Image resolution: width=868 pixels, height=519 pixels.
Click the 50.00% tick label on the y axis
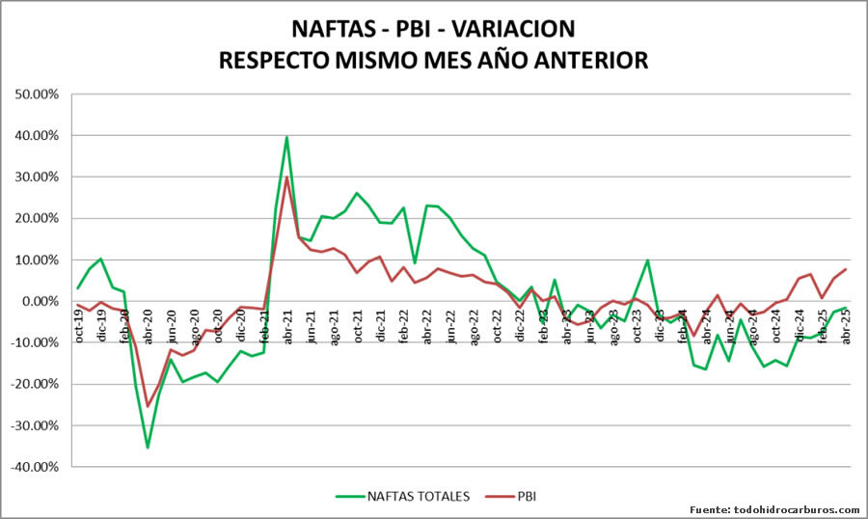coord(34,95)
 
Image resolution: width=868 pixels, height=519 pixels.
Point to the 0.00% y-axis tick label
coord(37,301)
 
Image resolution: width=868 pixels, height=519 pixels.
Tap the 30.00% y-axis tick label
coord(34,178)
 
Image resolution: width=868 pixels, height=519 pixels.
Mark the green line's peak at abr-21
coord(287,137)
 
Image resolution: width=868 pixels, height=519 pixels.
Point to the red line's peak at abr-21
coord(287,178)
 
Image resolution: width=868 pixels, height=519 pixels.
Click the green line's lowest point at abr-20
coord(148,447)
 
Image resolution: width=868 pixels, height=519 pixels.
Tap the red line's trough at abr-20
coord(148,406)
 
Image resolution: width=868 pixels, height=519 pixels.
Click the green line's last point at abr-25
coord(847,308)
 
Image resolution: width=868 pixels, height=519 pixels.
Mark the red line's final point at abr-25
coord(847,269)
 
